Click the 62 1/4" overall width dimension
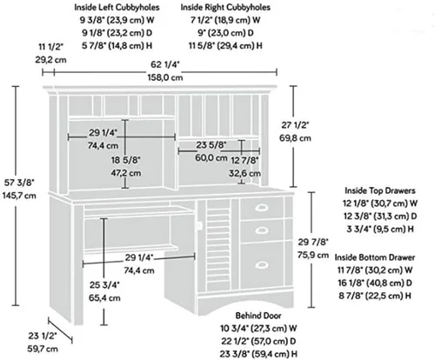coord(165,64)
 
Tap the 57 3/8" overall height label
coord(19,183)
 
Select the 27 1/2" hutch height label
coord(295,125)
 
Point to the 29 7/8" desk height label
coord(313,242)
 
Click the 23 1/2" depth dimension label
coord(43,336)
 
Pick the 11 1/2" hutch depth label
coord(50,47)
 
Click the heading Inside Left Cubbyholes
coord(117,7)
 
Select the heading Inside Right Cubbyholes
coord(225,7)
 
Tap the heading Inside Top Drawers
coord(380,190)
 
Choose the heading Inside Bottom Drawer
coord(375,257)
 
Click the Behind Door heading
coord(258,316)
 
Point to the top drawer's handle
coord(262,207)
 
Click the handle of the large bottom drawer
coord(262,264)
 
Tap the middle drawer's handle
coord(262,230)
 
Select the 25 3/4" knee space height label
coord(104,285)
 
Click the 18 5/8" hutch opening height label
coord(126,160)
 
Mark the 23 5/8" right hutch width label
coord(211,145)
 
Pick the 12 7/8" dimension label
coord(244,160)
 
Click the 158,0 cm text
coord(165,77)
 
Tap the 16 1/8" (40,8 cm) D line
coord(375,283)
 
